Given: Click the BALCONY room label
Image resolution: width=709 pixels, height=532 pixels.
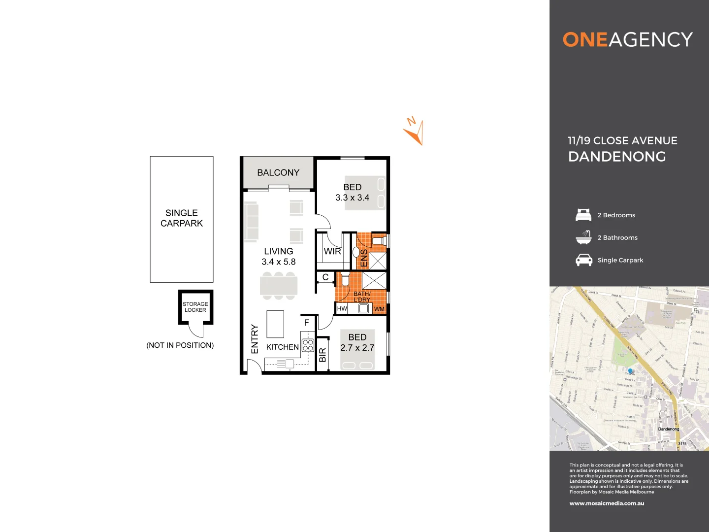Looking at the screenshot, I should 278,172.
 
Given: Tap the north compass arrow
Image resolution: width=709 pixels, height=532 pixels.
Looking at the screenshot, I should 415,133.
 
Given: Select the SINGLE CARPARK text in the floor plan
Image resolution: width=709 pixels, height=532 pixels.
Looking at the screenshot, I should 181,218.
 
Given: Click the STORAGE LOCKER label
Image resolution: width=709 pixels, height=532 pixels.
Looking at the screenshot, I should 195,307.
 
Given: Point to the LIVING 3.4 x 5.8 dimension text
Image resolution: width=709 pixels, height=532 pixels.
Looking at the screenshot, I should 279,262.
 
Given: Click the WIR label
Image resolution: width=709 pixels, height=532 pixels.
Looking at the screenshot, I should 332,251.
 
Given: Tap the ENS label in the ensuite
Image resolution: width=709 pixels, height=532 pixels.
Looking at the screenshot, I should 364,258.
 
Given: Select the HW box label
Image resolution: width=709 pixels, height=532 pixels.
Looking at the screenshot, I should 342,309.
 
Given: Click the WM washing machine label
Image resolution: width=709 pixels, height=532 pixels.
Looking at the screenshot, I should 379,309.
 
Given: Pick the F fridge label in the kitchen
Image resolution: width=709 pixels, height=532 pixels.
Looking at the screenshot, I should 307,323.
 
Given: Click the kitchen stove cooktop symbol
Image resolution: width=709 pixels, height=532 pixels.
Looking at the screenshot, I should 308,345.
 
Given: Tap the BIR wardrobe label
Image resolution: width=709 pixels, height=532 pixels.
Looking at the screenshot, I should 322,355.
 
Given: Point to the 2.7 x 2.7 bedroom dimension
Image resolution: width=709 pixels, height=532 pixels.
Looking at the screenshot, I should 357,348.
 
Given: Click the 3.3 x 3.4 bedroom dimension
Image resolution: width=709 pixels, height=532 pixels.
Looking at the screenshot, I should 353,198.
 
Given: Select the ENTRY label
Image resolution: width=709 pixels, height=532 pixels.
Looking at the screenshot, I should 255,339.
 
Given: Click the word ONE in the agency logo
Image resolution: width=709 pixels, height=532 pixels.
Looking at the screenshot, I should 585,40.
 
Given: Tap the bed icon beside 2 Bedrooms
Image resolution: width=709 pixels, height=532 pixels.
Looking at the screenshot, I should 583,215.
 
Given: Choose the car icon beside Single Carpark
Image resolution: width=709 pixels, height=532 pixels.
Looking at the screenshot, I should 584,260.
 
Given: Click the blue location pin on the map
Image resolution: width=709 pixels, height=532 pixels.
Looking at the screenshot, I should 630,371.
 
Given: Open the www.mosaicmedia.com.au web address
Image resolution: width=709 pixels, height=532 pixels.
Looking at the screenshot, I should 607,503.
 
